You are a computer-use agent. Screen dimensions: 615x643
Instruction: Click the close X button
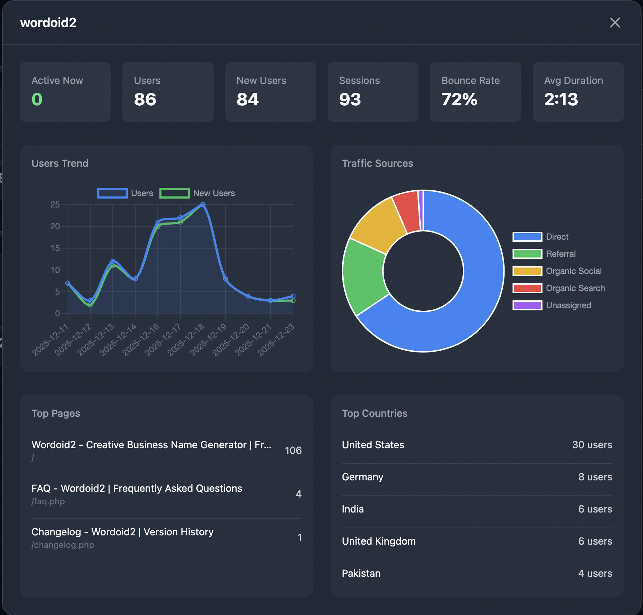point(615,22)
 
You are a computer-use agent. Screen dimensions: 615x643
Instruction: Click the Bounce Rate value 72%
point(459,99)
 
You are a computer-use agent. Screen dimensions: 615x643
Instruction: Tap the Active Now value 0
point(37,99)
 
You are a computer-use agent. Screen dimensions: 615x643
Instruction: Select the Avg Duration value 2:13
point(561,99)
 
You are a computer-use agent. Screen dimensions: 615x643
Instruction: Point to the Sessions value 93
point(350,99)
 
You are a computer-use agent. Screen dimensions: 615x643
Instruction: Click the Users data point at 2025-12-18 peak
point(203,205)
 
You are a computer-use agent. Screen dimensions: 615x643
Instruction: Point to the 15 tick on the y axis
point(55,248)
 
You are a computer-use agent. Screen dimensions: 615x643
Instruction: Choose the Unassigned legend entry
point(568,305)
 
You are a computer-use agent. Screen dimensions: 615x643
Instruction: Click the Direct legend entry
point(557,237)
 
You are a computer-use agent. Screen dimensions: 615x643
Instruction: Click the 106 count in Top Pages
point(293,450)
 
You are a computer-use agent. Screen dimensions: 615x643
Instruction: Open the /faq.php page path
point(48,501)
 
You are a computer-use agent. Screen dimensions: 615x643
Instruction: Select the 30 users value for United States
point(592,445)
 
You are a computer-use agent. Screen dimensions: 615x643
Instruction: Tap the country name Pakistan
point(361,573)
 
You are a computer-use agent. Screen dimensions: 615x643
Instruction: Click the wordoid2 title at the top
point(48,23)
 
